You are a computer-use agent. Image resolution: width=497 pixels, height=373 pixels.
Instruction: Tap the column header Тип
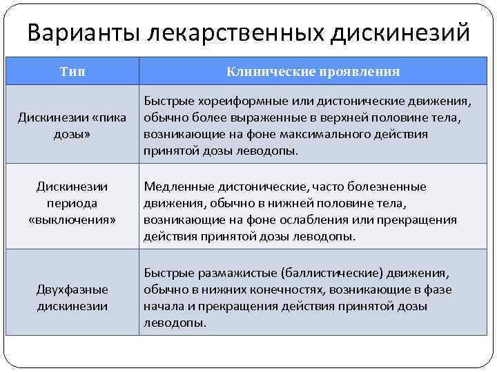pyautogui.click(x=72, y=71)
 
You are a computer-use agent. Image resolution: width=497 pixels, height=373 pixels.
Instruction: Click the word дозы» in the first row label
pyautogui.click(x=72, y=134)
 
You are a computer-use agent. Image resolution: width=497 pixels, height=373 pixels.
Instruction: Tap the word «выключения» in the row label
pyautogui.click(x=72, y=220)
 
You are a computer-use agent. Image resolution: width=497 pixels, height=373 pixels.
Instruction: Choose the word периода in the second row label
pyautogui.click(x=72, y=204)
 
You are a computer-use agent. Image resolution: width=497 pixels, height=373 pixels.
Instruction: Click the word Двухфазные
pyautogui.click(x=72, y=289)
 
